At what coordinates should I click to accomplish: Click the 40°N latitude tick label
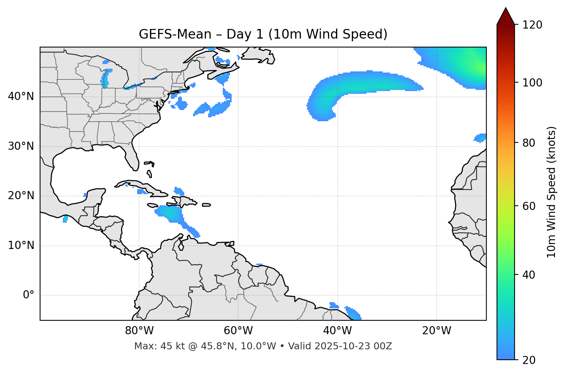21,96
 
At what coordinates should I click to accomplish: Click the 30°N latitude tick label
21,146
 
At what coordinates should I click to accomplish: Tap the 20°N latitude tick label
21,196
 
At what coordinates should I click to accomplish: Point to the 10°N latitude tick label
21,245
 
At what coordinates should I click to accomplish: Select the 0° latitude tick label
29,295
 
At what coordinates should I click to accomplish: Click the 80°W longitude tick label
139,331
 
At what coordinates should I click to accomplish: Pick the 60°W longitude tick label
238,331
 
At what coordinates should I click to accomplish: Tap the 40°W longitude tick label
337,331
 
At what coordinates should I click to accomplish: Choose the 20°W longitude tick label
436,331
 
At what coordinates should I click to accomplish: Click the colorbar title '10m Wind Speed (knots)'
552,192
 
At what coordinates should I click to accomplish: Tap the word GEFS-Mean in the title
175,35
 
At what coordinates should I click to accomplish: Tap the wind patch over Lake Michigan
105,79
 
